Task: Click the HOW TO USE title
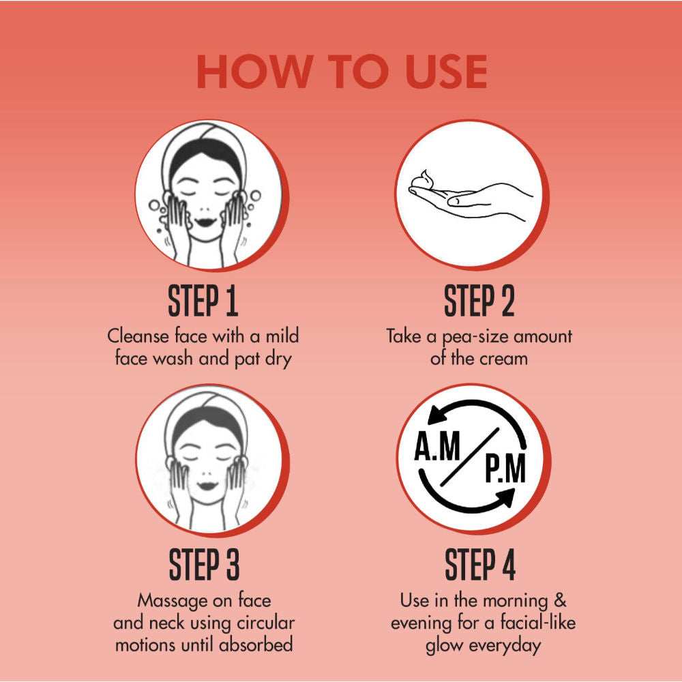point(342,72)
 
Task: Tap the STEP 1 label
point(203,301)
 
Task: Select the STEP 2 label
point(479,301)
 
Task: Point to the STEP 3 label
point(204,565)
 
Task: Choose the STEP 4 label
point(479,565)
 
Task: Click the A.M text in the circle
point(437,446)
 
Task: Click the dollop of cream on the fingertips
point(424,180)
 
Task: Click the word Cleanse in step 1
point(138,336)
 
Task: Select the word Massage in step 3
point(173,602)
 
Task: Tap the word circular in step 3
point(266,623)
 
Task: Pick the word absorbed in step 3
point(256,644)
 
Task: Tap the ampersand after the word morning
point(560,600)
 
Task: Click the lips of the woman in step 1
point(205,222)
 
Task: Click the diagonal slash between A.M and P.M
point(470,457)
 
